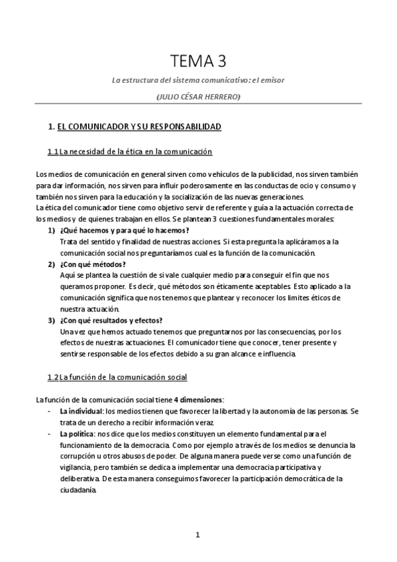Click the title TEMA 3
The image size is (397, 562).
[198, 62]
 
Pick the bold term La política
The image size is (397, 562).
[76, 433]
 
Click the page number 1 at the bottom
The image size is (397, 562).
[198, 534]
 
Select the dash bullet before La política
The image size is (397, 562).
[52, 433]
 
